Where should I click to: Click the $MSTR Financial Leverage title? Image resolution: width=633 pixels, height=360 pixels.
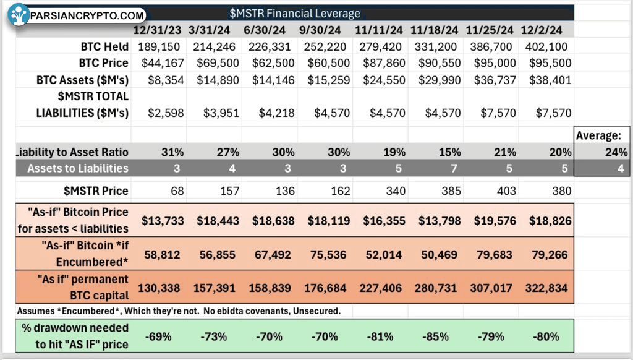pyautogui.click(x=295, y=14)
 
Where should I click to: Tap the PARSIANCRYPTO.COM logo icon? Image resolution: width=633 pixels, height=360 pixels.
pyautogui.click(x=18, y=15)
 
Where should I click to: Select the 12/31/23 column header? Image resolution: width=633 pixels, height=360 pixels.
pyautogui.click(x=158, y=30)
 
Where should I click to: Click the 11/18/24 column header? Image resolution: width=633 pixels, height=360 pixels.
pyautogui.click(x=434, y=30)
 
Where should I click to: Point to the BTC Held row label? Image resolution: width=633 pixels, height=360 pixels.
pyautogui.click(x=104, y=47)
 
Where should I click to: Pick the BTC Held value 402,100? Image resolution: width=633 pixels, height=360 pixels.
pyautogui.click(x=546, y=47)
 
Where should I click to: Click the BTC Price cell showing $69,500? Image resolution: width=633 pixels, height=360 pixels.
pyautogui.click(x=218, y=63)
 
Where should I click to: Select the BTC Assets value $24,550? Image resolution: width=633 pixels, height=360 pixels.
pyautogui.click(x=384, y=80)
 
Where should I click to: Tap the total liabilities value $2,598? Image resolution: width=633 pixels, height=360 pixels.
pyautogui.click(x=166, y=113)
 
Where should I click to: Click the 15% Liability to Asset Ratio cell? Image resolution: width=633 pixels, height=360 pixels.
pyautogui.click(x=450, y=152)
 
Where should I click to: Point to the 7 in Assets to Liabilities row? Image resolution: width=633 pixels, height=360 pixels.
pyautogui.click(x=454, y=168)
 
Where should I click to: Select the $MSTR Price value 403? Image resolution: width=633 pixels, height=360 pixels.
pyautogui.click(x=506, y=191)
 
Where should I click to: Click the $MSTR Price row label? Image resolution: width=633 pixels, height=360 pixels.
pyautogui.click(x=96, y=191)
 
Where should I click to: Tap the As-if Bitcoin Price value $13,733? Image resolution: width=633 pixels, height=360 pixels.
pyautogui.click(x=163, y=221)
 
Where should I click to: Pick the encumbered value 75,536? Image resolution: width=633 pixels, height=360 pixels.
pyautogui.click(x=328, y=255)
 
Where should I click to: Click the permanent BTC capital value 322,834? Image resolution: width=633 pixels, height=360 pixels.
pyautogui.click(x=546, y=288)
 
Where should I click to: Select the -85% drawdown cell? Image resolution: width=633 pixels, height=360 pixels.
pyautogui.click(x=436, y=336)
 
